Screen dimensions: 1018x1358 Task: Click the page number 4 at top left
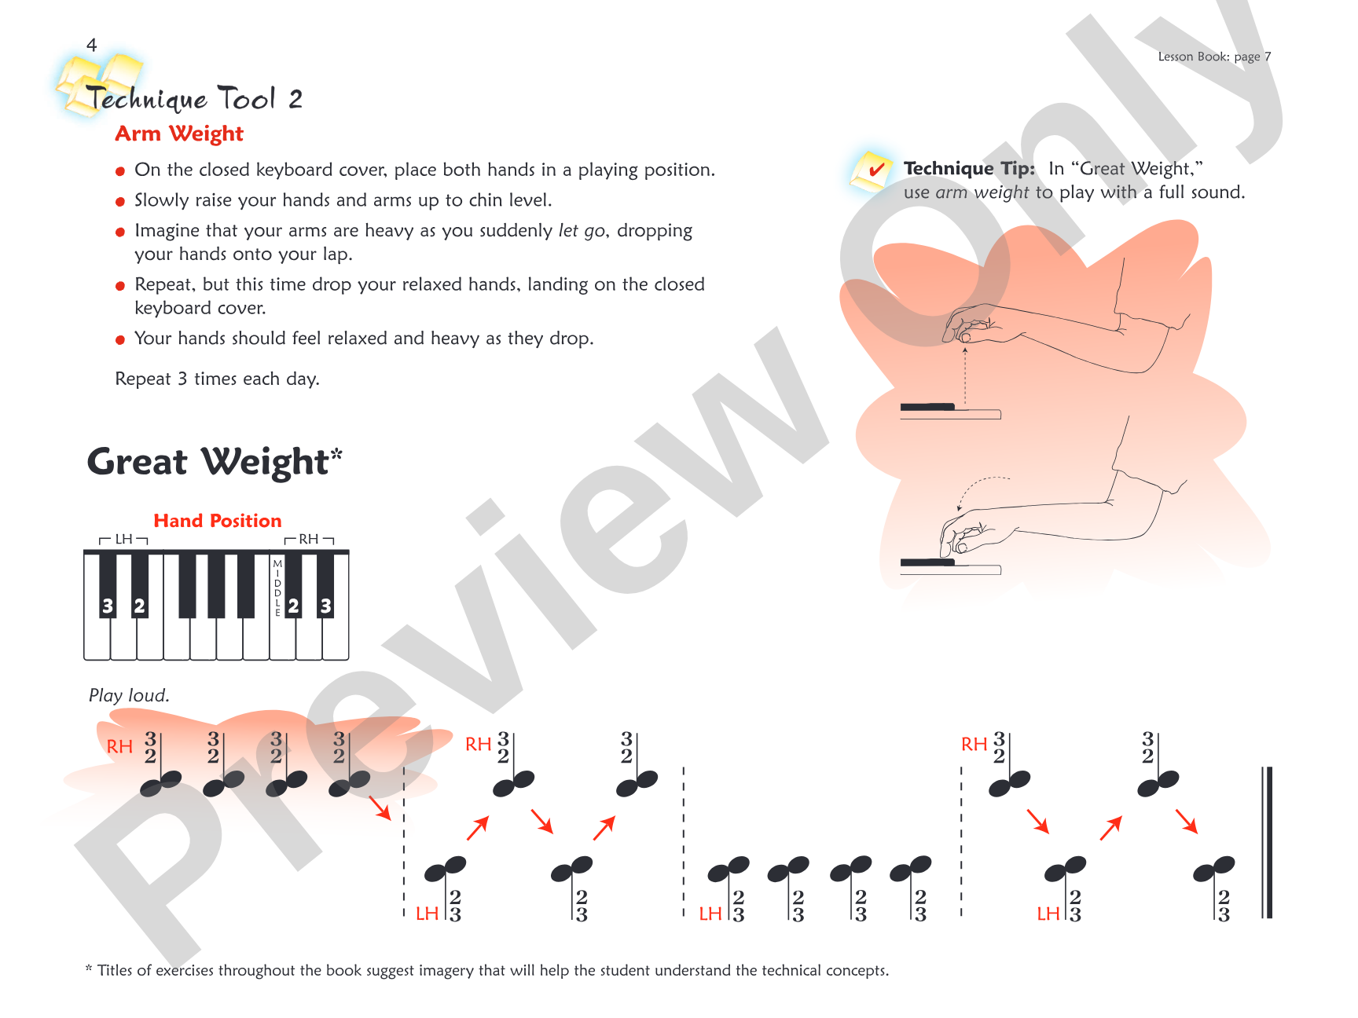coord(92,45)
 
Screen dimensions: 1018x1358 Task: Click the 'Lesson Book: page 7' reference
coord(1214,57)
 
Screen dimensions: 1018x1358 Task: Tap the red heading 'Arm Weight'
coord(179,134)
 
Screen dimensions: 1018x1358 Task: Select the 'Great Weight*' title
coord(215,461)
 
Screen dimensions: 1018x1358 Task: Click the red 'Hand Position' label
coord(217,521)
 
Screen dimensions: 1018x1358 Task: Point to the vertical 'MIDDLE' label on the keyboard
coord(277,588)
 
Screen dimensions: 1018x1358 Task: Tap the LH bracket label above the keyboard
coord(124,539)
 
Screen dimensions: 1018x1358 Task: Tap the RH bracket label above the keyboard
coord(309,539)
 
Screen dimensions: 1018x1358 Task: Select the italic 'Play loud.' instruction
coord(129,695)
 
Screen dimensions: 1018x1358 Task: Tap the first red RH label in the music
coord(119,747)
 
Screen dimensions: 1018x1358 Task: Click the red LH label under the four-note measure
coord(710,914)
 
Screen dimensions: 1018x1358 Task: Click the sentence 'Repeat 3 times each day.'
coord(217,379)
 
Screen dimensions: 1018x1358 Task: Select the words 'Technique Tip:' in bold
coord(969,168)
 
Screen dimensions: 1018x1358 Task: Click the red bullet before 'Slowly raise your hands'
coord(120,202)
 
